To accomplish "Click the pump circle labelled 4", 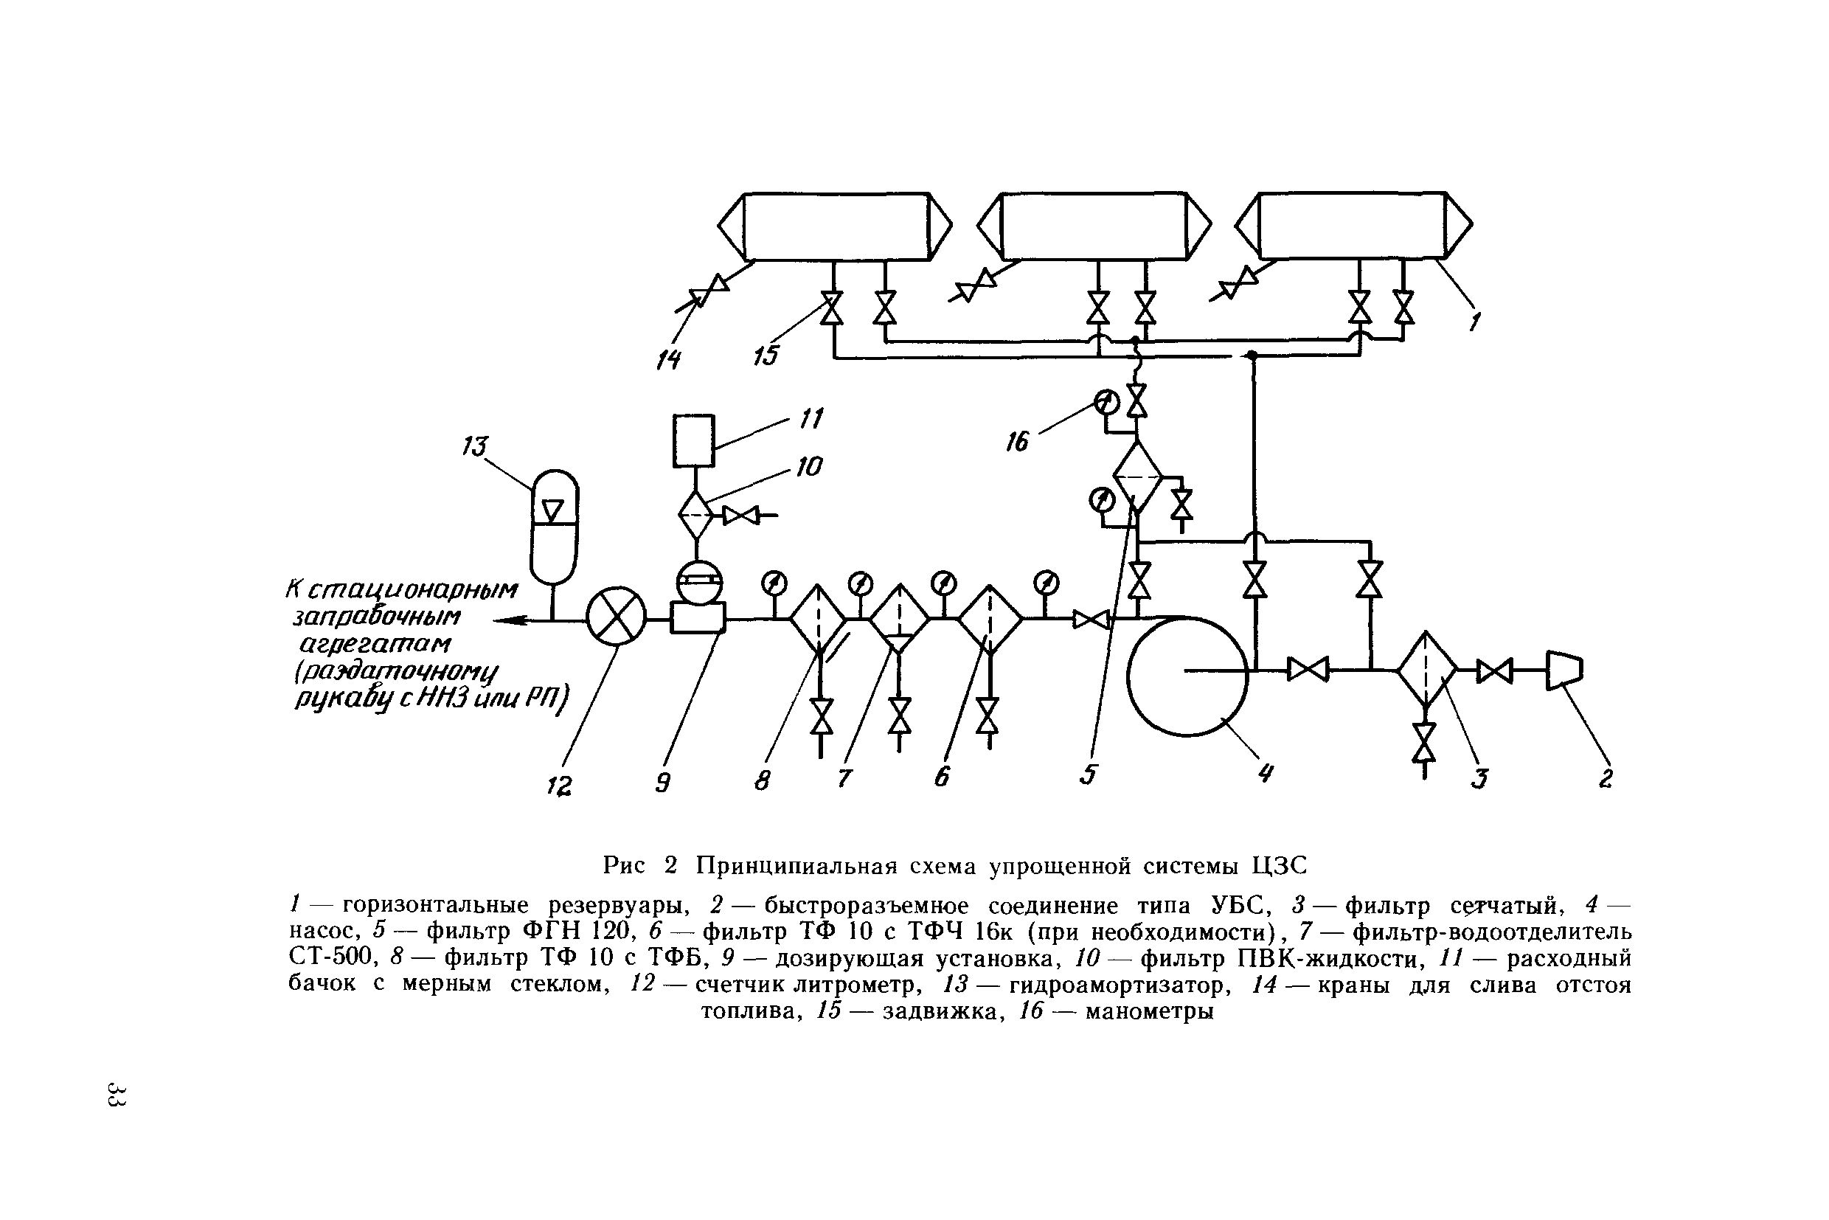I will pos(1187,676).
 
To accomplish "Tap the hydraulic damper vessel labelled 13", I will pos(554,527).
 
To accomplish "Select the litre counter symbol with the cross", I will pos(616,616).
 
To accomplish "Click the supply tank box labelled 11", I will pos(693,440).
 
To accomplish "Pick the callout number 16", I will pos(1017,442).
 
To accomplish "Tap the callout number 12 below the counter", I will pos(559,786).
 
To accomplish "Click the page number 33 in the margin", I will pos(117,1094).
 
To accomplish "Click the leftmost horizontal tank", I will pos(835,226).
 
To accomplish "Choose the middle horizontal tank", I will pos(1094,226).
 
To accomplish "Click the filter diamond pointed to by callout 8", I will pos(819,619).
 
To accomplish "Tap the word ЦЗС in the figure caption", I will pos(1279,865).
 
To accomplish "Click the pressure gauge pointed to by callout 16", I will pos(1106,402).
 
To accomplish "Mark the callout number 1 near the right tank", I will pos(1475,321).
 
